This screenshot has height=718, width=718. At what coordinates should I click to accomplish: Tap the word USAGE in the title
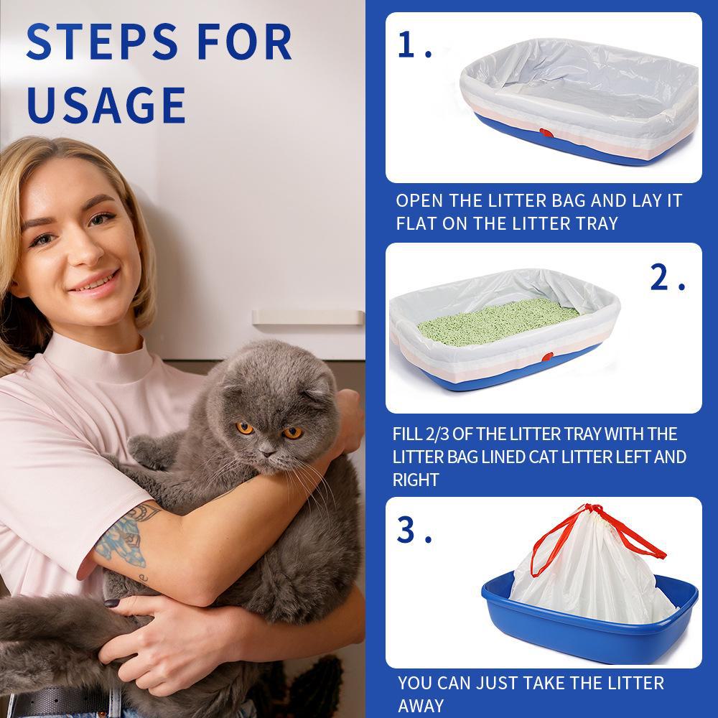pyautogui.click(x=106, y=104)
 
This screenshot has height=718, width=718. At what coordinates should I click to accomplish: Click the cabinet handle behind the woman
pyautogui.click(x=307, y=317)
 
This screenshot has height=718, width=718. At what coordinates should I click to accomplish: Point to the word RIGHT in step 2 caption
pyautogui.click(x=415, y=480)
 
